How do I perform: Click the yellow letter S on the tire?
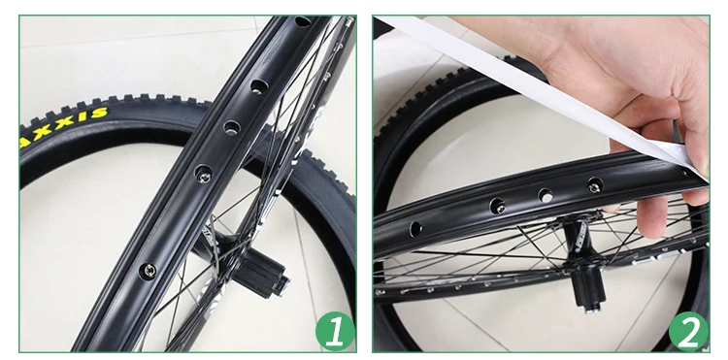pos(99,113)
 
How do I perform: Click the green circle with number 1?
pos(335,331)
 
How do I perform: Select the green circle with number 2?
pos(688,331)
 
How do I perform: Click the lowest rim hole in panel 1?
pos(149,270)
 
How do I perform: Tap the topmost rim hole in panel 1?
pos(303,21)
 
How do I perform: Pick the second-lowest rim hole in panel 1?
pos(204,174)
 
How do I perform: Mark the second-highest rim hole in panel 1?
pos(259,86)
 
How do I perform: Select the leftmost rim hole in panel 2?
pos(415,228)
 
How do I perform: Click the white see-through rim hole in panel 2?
pos(546,196)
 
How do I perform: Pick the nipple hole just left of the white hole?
pos(498,206)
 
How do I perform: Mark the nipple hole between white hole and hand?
pos(595,184)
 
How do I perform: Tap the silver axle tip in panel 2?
pos(592,308)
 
